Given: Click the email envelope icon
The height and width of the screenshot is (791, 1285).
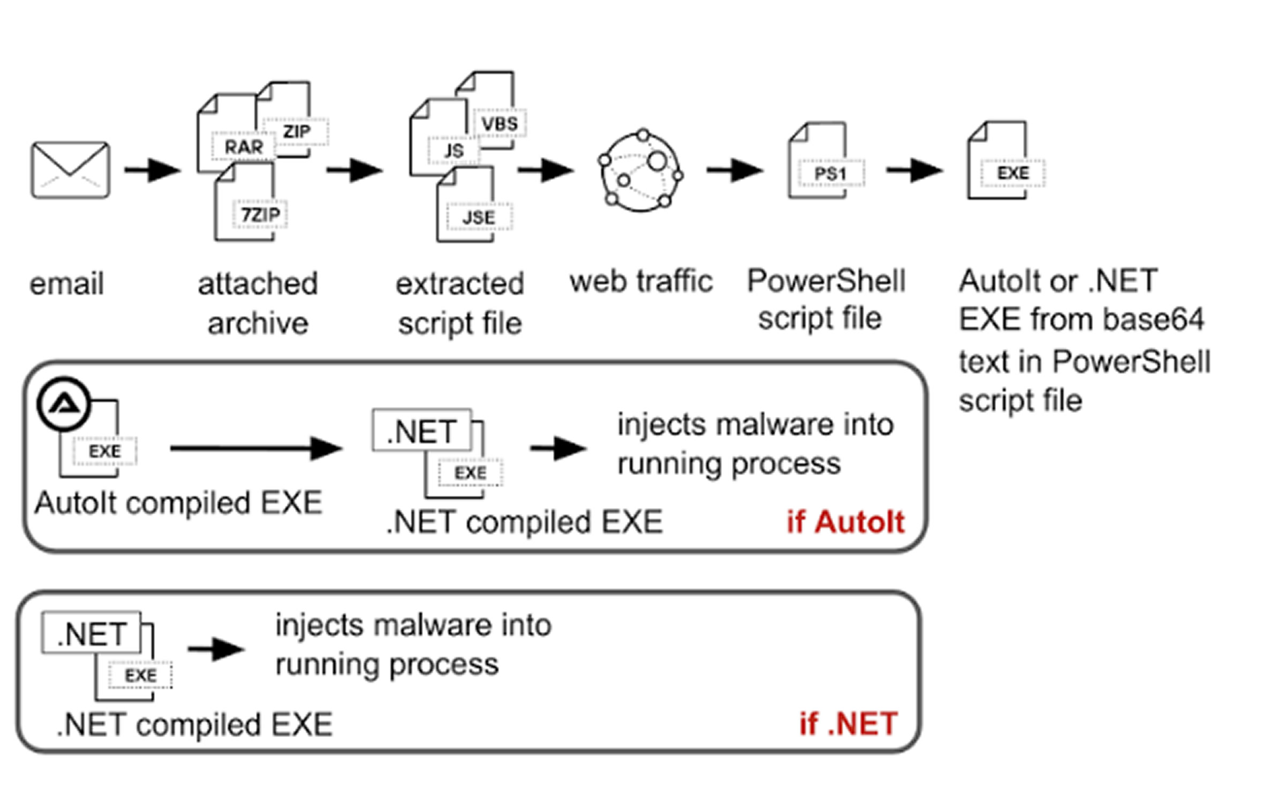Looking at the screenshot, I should click(x=70, y=170).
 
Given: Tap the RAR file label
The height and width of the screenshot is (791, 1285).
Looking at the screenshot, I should click(x=244, y=146).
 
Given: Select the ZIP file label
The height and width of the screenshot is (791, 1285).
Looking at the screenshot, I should click(x=296, y=131).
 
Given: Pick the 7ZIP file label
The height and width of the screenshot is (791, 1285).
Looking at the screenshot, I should click(x=260, y=215).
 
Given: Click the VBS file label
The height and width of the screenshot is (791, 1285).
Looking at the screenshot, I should click(x=500, y=124).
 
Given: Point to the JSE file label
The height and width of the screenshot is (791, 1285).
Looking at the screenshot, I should click(x=479, y=217).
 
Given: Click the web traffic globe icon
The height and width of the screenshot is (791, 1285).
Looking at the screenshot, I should click(x=641, y=170).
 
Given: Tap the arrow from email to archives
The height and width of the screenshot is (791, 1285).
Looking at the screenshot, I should click(x=152, y=170).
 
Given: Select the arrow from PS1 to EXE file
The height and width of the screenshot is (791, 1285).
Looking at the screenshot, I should click(x=914, y=170).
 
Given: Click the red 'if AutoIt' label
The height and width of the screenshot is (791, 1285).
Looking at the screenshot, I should click(x=845, y=522).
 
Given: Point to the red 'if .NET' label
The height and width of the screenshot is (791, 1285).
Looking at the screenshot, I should click(x=848, y=724).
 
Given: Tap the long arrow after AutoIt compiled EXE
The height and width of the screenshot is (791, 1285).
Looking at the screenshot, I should click(x=256, y=448).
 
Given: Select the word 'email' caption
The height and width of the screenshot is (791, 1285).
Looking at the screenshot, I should click(x=66, y=283).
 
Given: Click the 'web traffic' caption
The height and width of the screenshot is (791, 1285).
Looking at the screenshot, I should click(x=641, y=281).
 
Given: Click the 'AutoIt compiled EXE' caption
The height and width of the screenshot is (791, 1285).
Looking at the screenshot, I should click(x=178, y=503).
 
